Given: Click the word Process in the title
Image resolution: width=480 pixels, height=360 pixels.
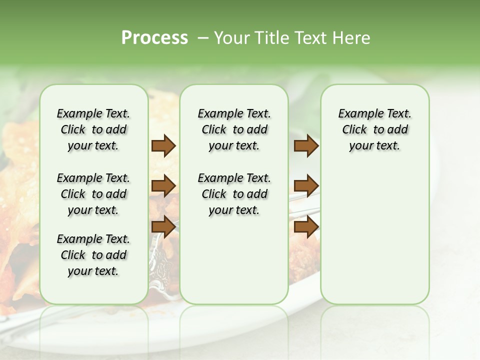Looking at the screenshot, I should (154, 38).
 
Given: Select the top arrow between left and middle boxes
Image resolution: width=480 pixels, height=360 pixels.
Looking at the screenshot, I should (163, 146).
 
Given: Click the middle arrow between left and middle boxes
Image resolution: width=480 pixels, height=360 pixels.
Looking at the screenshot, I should (163, 186).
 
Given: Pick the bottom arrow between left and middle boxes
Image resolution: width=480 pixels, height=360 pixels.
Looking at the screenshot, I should (163, 226).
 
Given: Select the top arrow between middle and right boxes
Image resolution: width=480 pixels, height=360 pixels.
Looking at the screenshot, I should (306, 146).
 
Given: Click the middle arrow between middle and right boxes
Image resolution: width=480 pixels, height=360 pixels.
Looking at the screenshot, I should (306, 186).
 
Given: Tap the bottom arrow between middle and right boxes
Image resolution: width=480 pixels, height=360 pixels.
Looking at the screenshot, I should (306, 226).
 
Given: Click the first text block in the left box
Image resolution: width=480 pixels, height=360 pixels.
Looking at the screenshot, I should (93, 129).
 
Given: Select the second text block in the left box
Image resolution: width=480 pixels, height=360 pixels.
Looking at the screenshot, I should (93, 194).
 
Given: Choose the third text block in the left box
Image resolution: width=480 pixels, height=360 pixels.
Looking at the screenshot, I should (93, 255).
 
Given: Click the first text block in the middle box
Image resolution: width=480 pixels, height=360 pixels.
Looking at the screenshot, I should (234, 129).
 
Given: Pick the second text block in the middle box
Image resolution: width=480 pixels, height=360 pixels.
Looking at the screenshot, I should (234, 194).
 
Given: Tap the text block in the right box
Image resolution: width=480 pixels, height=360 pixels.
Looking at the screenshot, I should (374, 129).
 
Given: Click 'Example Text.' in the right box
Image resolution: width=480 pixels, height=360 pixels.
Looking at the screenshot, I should (374, 113).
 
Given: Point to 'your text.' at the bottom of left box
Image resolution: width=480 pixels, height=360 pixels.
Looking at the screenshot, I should (93, 271).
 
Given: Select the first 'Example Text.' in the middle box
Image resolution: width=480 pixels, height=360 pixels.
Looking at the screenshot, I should (234, 113).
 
